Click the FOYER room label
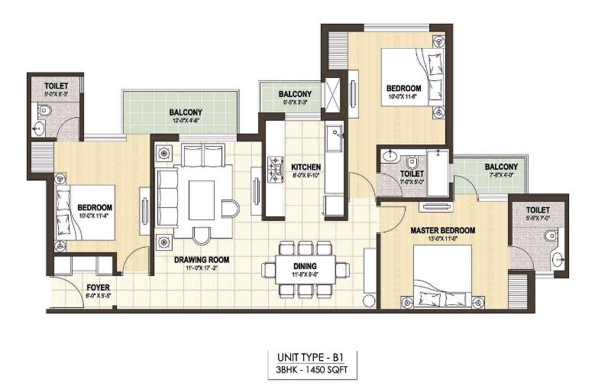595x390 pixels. [x=96, y=288]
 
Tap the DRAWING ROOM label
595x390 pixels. [x=201, y=259]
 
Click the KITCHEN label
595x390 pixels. [x=306, y=166]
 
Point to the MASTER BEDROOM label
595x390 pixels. [x=442, y=230]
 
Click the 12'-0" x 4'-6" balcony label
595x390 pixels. [x=185, y=112]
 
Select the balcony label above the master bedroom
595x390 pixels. [x=501, y=167]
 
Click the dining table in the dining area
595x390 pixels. [x=304, y=269]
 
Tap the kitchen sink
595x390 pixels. [x=334, y=141]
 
